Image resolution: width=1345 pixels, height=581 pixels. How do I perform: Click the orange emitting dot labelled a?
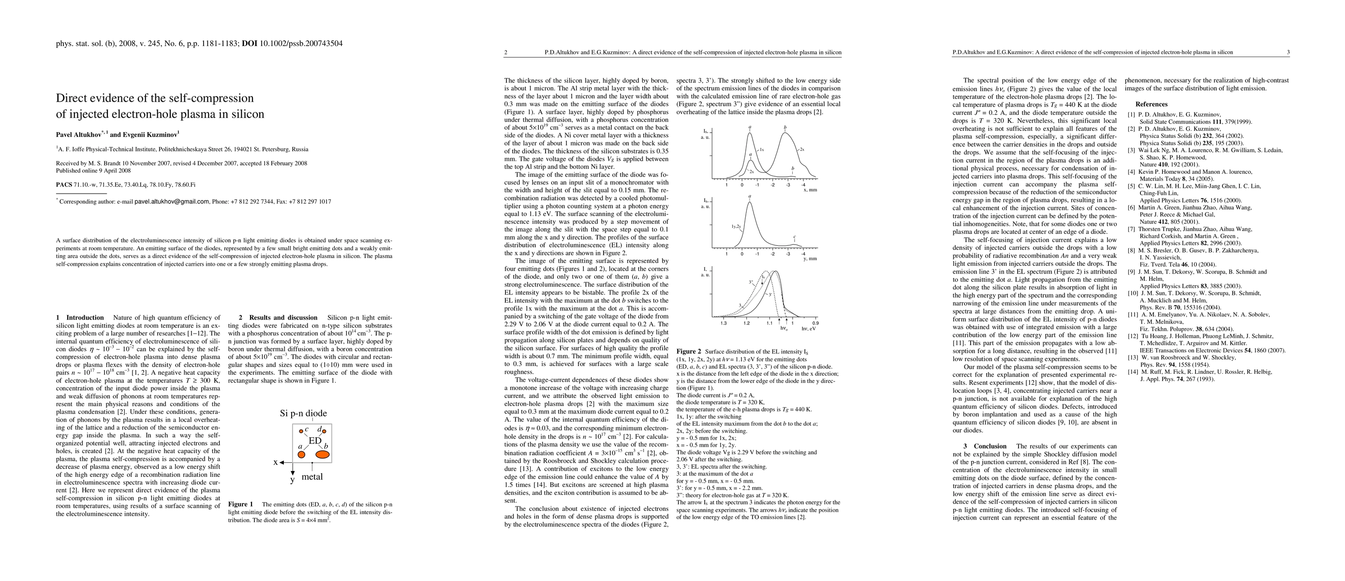(x=301, y=455)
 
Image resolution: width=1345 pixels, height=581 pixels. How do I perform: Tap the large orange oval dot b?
(x=323, y=455)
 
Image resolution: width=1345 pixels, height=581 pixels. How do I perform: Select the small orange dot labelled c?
(x=301, y=431)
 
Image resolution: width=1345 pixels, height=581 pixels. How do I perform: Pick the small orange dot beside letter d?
(x=324, y=431)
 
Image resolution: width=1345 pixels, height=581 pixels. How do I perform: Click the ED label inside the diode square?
(x=315, y=441)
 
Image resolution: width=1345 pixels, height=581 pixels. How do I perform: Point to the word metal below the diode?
(x=312, y=476)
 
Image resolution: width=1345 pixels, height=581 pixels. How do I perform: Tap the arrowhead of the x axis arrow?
(x=281, y=462)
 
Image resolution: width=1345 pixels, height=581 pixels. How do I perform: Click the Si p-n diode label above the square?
(x=303, y=413)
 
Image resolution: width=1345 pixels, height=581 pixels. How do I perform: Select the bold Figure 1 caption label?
(x=241, y=504)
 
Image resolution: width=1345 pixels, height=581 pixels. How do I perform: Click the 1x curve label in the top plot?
(x=762, y=150)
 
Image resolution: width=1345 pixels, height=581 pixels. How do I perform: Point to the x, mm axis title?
(x=810, y=190)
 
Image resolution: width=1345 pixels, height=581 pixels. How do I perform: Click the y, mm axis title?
(x=810, y=259)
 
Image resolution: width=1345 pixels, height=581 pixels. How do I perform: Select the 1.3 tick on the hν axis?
(x=724, y=323)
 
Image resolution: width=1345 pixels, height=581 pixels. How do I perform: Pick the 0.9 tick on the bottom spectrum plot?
(x=815, y=323)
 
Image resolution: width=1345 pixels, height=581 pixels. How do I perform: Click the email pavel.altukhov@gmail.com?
(x=172, y=202)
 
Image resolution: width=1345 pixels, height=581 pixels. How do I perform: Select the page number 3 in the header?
(x=1287, y=52)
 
